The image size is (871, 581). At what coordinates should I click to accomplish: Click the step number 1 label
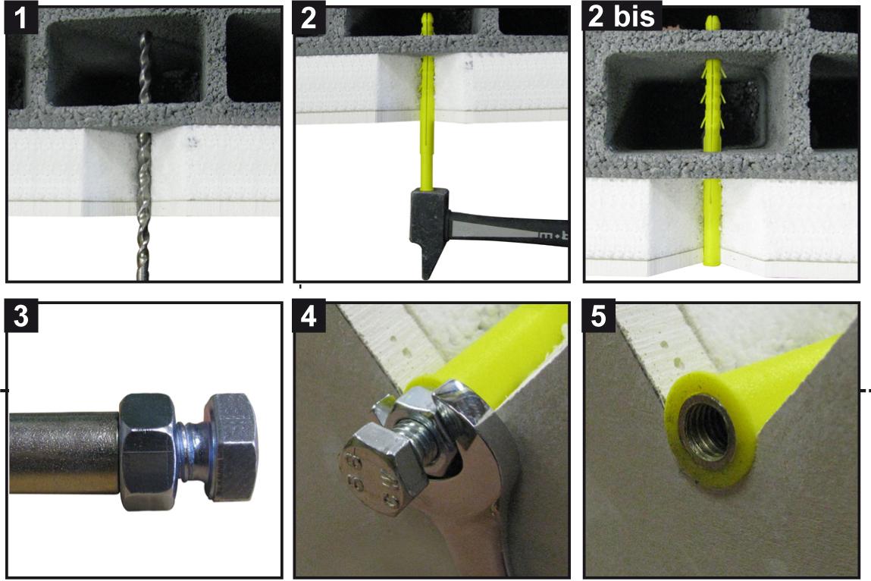(21, 19)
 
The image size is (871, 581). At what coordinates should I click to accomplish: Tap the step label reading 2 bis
(622, 17)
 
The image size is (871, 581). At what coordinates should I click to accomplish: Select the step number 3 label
(21, 316)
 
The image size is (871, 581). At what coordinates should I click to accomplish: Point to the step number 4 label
(309, 316)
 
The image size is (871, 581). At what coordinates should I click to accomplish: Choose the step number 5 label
(598, 316)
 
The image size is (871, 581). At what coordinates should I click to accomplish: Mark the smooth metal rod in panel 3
(64, 453)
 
